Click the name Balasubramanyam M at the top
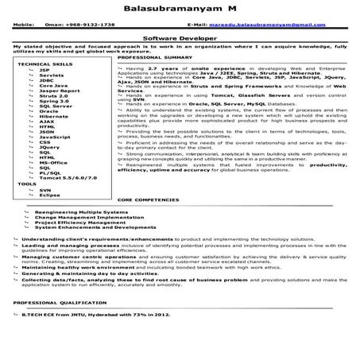(180, 8)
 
